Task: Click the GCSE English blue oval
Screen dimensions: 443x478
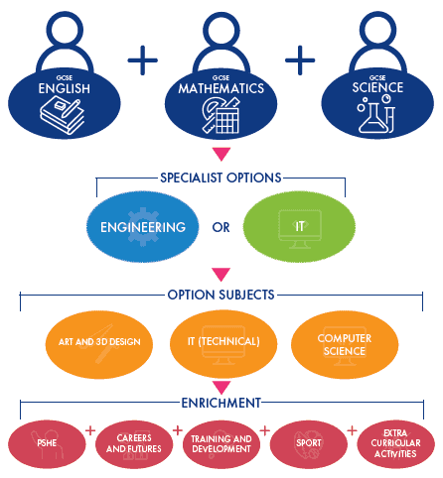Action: click(x=65, y=103)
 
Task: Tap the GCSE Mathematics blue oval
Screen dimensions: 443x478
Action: click(x=221, y=103)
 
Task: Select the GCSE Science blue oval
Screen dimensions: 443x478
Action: click(x=377, y=103)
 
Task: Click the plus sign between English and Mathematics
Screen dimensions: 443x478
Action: click(x=143, y=60)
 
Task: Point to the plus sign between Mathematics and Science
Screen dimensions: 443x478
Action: click(x=300, y=60)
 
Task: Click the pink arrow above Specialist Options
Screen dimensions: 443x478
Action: click(x=221, y=155)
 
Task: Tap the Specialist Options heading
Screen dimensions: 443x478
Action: click(x=221, y=178)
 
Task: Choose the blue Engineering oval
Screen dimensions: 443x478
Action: click(x=143, y=227)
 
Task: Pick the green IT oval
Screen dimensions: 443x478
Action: click(x=299, y=227)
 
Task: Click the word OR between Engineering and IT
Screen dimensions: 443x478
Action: click(x=221, y=227)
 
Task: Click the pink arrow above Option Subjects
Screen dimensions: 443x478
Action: click(x=221, y=275)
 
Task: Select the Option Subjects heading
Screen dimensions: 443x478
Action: click(x=221, y=295)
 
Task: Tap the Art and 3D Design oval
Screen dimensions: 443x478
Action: click(x=99, y=344)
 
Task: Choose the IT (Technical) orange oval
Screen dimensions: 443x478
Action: click(x=223, y=344)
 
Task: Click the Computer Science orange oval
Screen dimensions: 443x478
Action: click(x=345, y=344)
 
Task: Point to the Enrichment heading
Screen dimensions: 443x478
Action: click(x=221, y=403)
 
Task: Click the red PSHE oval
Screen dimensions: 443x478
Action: click(x=47, y=444)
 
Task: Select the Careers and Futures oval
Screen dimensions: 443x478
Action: click(x=134, y=444)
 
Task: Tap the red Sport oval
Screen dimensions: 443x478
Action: click(x=309, y=444)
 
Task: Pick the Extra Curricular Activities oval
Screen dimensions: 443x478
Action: click(x=396, y=444)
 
